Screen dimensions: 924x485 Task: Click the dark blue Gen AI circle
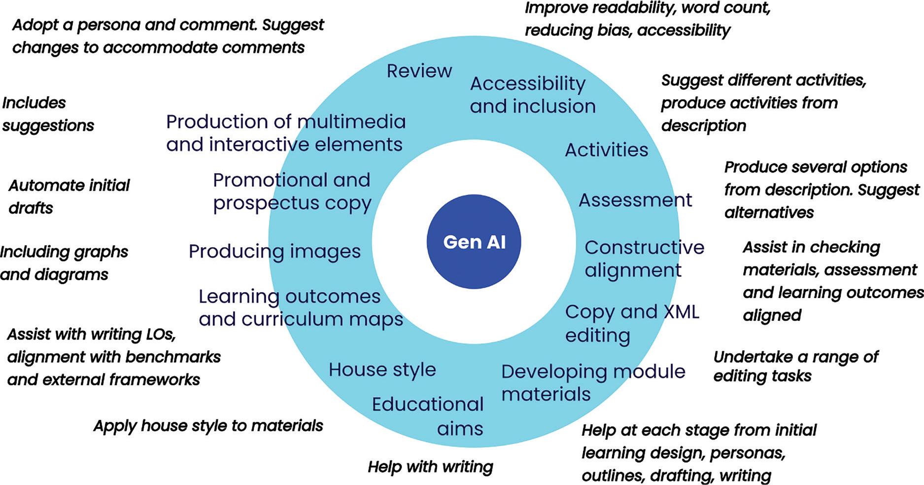(x=474, y=242)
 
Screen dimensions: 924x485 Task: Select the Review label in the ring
(x=419, y=71)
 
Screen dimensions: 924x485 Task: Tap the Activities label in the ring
(x=606, y=150)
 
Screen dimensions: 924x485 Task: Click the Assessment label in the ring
(x=635, y=200)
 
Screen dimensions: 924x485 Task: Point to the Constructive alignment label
(x=645, y=259)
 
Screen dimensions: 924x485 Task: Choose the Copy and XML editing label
(x=632, y=323)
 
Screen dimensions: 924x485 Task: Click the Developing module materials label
(x=593, y=383)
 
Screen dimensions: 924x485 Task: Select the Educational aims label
(x=428, y=416)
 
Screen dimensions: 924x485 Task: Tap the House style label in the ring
(x=382, y=370)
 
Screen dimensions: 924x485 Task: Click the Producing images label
(x=274, y=252)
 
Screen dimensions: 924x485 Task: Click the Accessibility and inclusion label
(x=533, y=95)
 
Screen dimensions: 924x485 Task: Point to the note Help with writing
(x=430, y=467)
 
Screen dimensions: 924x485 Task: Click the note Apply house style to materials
(x=208, y=426)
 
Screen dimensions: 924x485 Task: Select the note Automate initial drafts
(x=69, y=196)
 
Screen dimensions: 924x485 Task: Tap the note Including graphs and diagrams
(x=64, y=263)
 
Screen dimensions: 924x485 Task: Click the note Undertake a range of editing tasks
(x=796, y=366)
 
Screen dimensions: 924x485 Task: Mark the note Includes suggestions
(x=48, y=114)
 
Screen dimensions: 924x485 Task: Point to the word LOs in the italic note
(x=161, y=335)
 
